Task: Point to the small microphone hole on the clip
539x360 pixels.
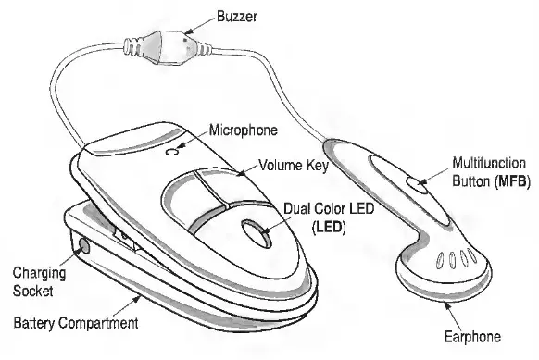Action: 172,149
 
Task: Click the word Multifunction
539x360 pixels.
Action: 488,163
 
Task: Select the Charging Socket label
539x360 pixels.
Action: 34,281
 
